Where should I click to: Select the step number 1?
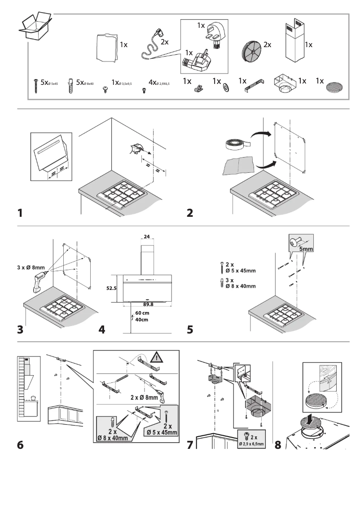pyautogui.click(x=20, y=212)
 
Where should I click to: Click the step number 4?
pyautogui.click(x=102, y=329)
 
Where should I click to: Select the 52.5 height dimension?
pyautogui.click(x=111, y=289)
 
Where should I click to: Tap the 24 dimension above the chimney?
pyautogui.click(x=147, y=236)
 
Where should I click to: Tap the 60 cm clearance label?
pyautogui.click(x=142, y=313)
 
